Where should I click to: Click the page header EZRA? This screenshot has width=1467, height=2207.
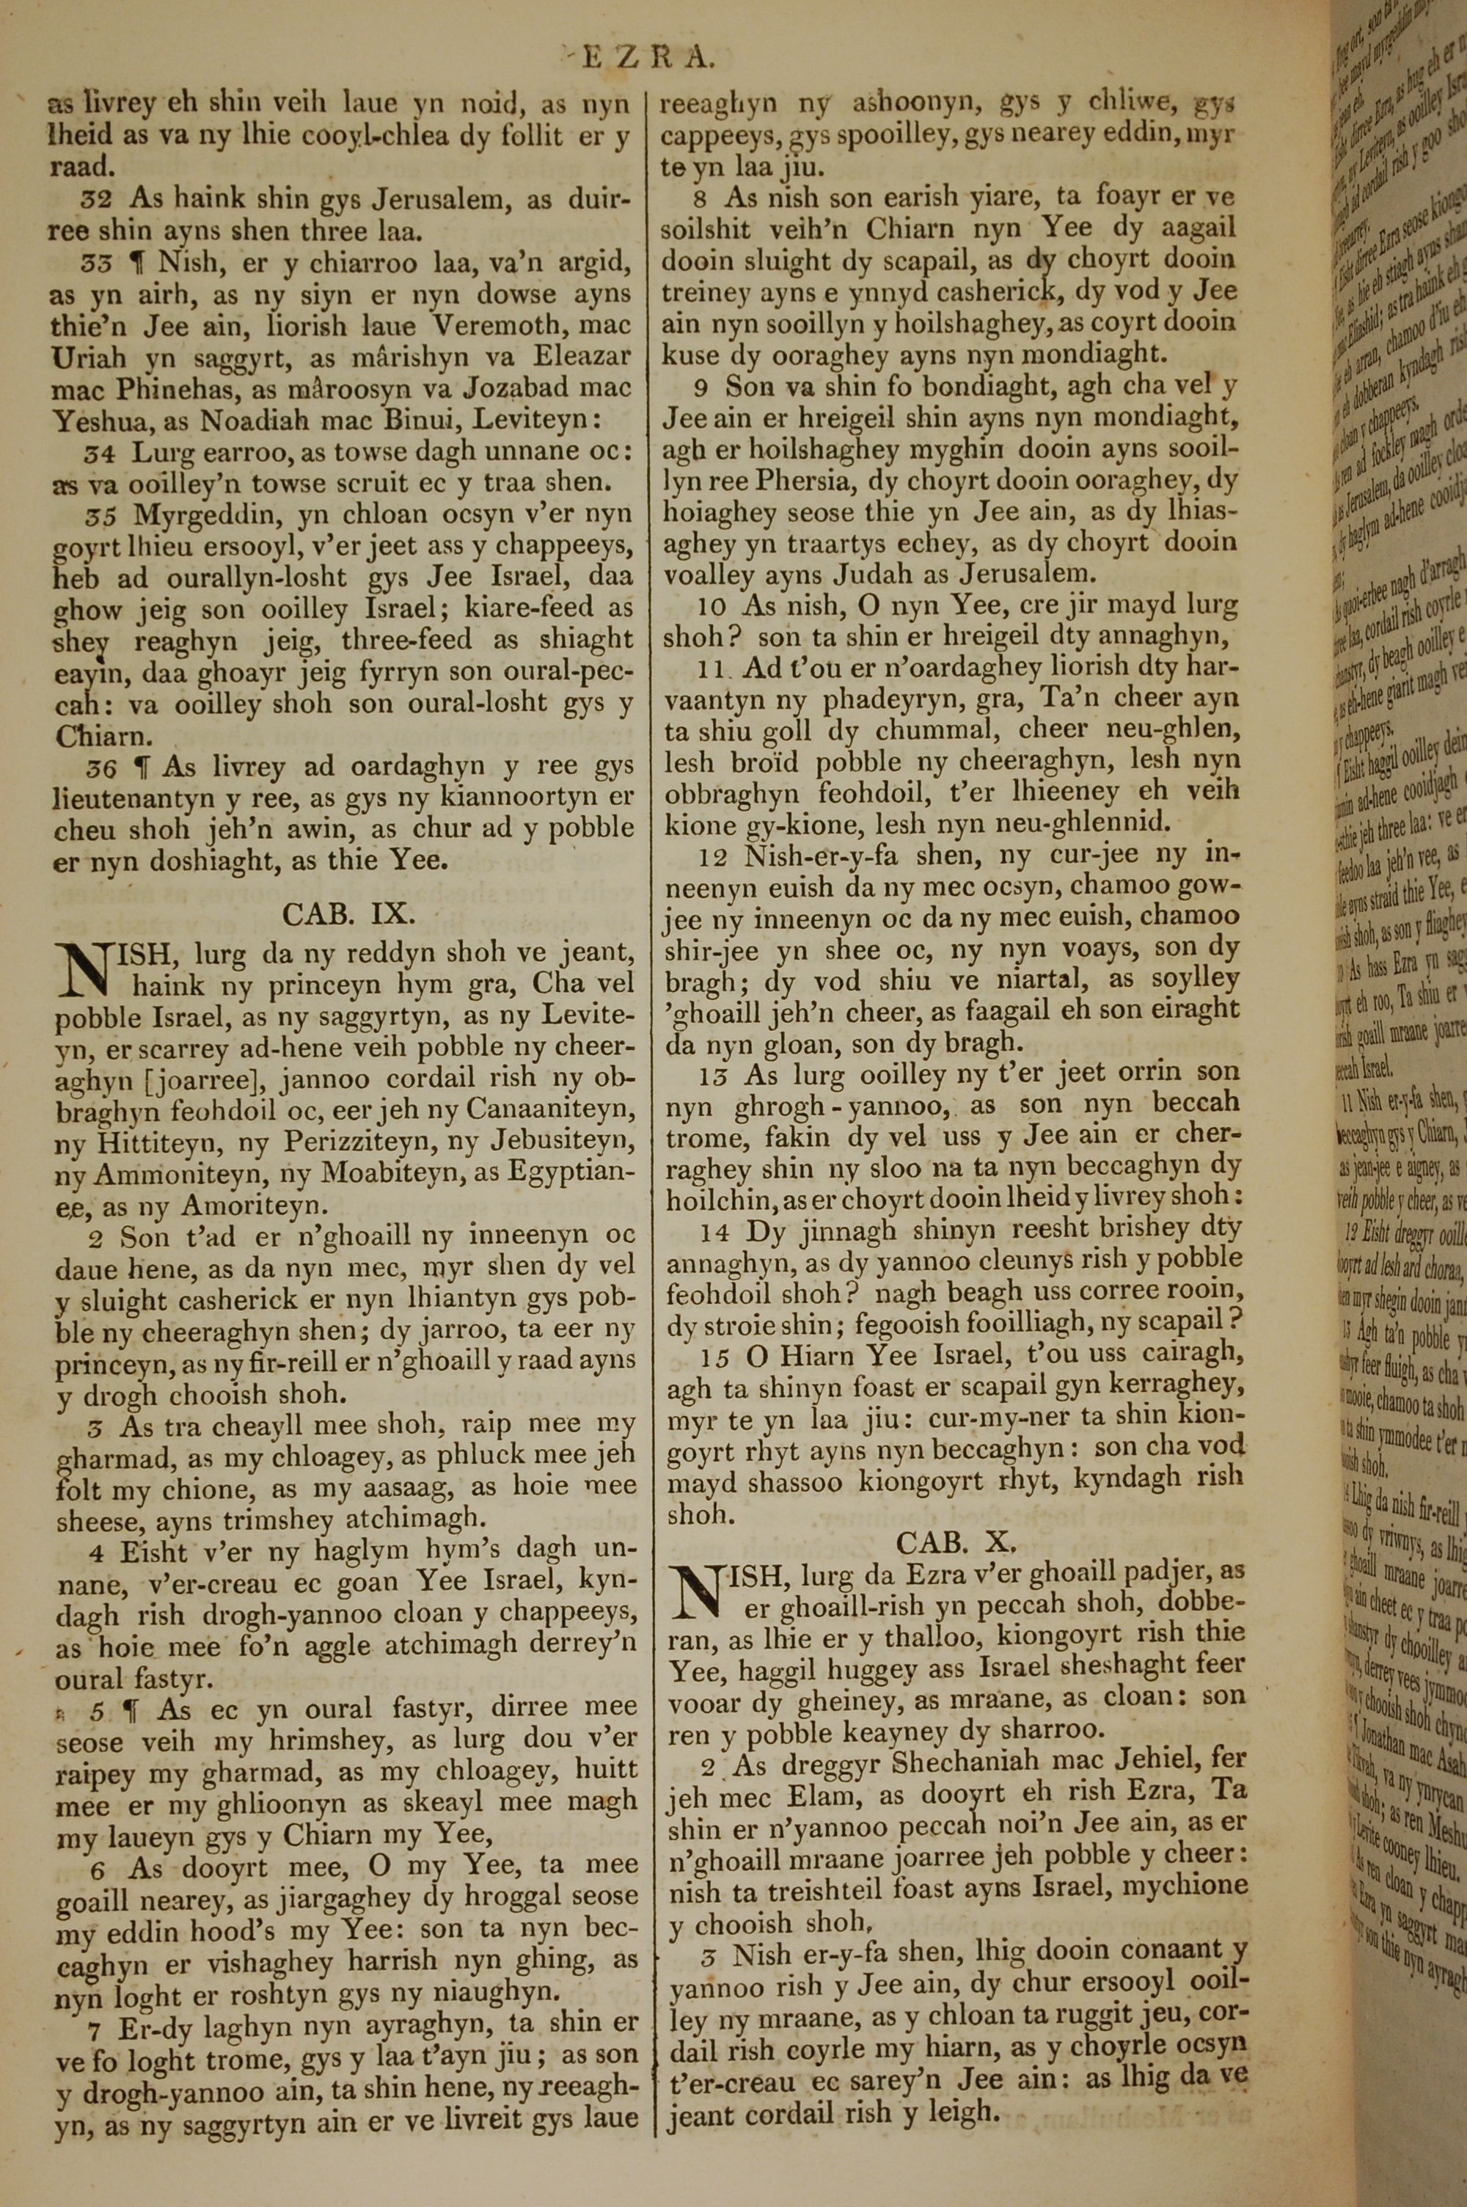tap(648, 58)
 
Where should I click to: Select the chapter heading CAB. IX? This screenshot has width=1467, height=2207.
tap(348, 913)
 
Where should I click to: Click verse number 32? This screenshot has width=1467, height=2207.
tap(98, 198)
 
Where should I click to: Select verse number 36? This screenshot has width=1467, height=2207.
tap(101, 768)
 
